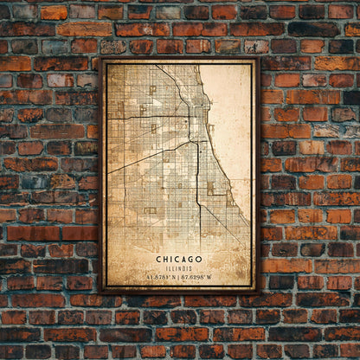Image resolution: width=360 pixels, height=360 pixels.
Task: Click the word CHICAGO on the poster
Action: coord(179,259)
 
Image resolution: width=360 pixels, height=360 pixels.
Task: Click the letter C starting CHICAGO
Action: coord(159,259)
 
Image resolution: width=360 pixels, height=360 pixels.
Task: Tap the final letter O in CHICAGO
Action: coord(199,259)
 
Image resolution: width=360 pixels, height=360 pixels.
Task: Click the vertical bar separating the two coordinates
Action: coord(180,276)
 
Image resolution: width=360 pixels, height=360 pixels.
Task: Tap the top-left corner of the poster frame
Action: coord(100,59)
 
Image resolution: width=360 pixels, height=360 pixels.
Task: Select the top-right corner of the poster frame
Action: coord(258,59)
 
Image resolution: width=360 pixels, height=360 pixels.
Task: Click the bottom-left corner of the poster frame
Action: coord(100,292)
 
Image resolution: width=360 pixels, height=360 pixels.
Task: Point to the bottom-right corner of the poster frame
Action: coord(258,292)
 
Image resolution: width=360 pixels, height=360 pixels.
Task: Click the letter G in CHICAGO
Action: coord(192,259)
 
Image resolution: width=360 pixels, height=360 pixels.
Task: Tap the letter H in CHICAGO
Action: coord(166,259)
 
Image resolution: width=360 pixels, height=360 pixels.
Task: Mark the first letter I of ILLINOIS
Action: coord(167,267)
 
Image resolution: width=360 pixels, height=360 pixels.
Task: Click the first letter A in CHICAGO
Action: coord(185,259)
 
